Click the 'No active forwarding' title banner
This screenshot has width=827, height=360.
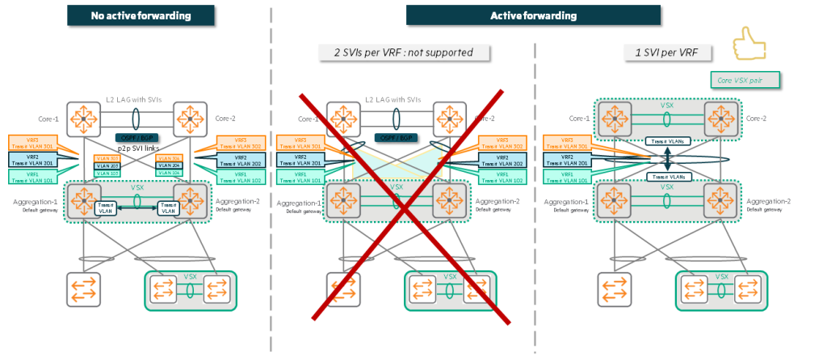[x=141, y=15]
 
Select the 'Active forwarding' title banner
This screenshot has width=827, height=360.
[x=533, y=15]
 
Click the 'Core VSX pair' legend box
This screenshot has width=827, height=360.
[x=747, y=80]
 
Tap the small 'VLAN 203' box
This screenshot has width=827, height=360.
[x=107, y=165]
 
